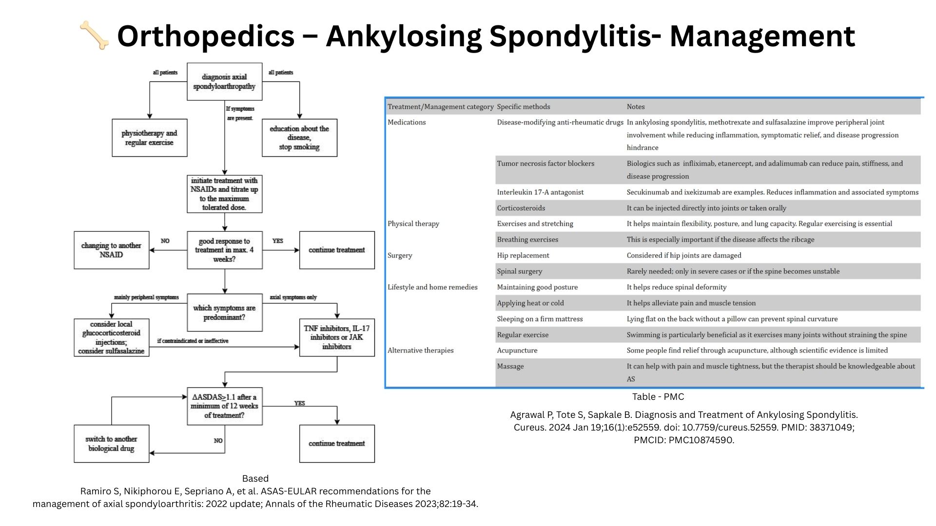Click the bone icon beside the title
[x=95, y=35]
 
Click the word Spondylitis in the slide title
[x=570, y=36]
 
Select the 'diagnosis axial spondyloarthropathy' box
[x=224, y=82]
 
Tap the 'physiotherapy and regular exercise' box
[x=149, y=138]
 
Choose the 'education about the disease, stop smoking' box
[x=299, y=138]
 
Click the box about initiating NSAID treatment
[x=224, y=194]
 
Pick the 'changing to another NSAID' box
[x=111, y=250]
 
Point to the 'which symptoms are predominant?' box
[x=224, y=313]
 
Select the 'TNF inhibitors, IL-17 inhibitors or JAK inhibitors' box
[x=337, y=338]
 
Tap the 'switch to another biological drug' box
[x=111, y=444]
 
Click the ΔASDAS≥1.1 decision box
[x=224, y=406]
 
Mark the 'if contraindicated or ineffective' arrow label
[x=193, y=341]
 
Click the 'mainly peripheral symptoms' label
[x=146, y=297]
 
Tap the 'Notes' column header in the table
[x=636, y=107]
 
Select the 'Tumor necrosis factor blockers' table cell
[x=546, y=164]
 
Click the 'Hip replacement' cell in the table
[x=523, y=256]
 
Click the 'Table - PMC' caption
[x=658, y=397]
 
